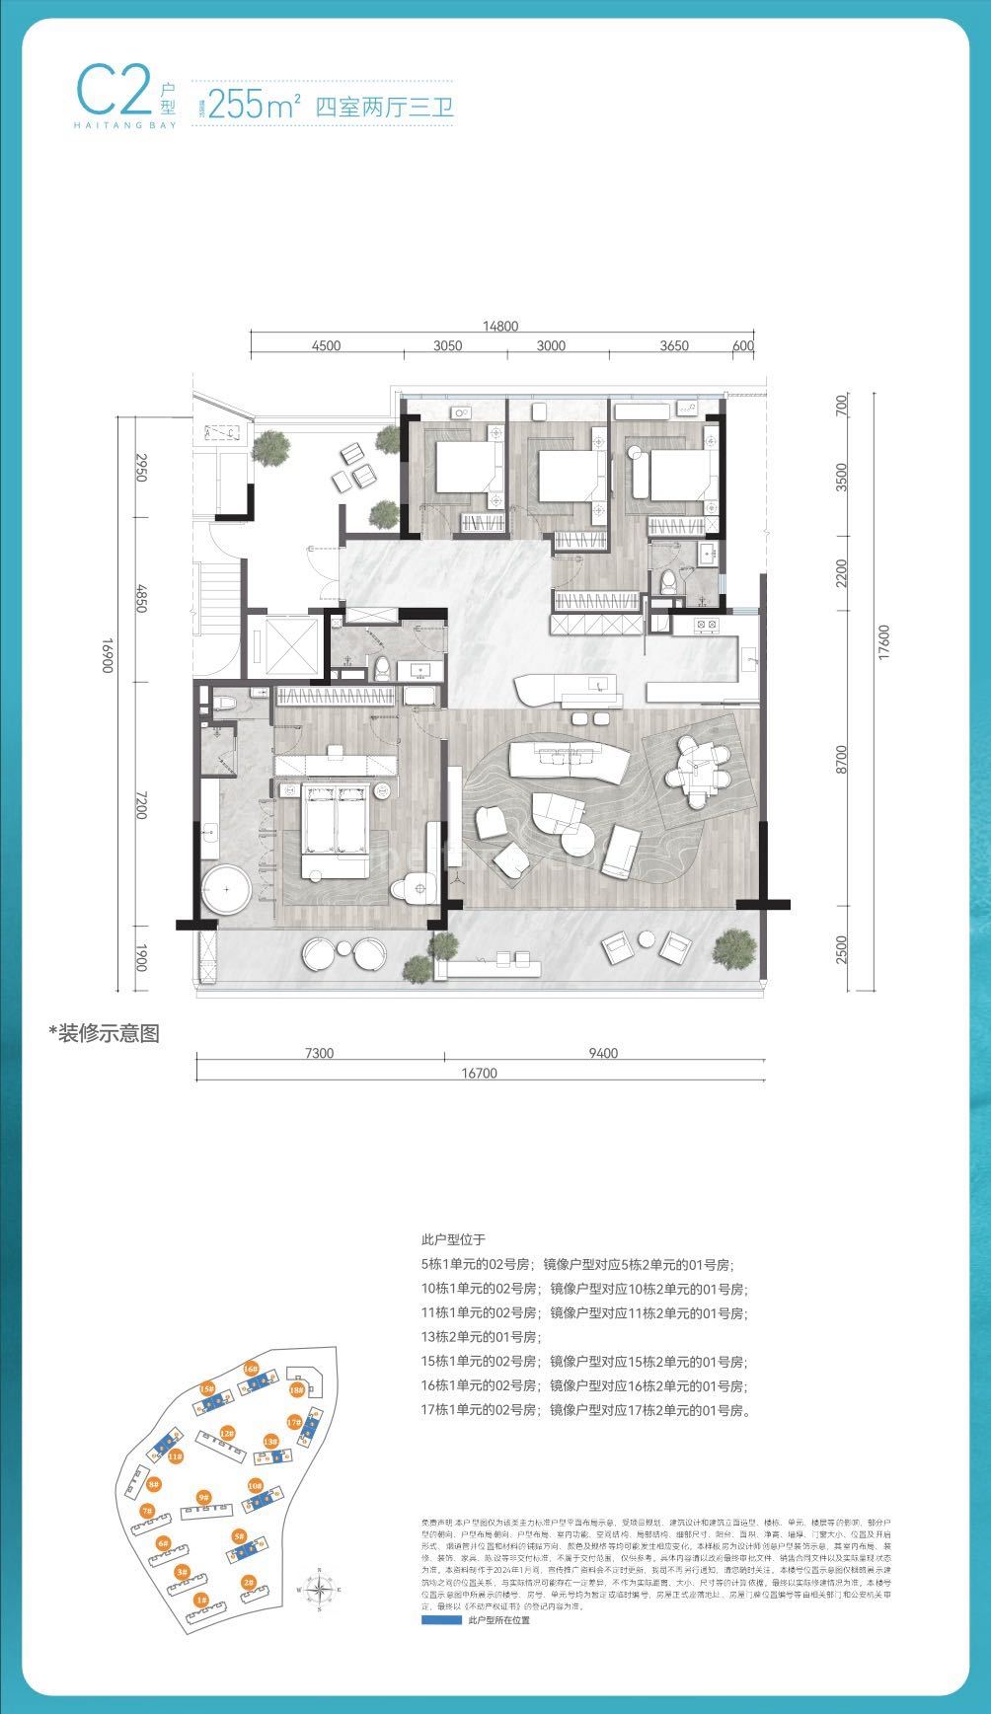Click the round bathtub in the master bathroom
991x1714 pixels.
227,891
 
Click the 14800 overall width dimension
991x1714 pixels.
500,328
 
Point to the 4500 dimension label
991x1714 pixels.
326,345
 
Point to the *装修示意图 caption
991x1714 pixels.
104,1033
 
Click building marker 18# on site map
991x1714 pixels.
296,1389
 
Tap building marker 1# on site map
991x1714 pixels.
200,1600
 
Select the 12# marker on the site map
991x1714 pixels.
227,1433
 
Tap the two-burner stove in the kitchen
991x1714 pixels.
706,624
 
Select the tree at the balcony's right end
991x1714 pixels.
732,949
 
